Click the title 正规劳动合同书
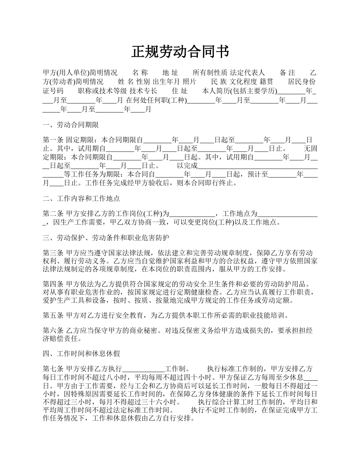pos(180,52)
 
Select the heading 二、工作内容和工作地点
pos(81,198)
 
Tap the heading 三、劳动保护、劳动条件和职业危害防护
pos(106,238)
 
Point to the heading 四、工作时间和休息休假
pos(81,354)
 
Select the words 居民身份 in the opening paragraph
pos(302,81)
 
